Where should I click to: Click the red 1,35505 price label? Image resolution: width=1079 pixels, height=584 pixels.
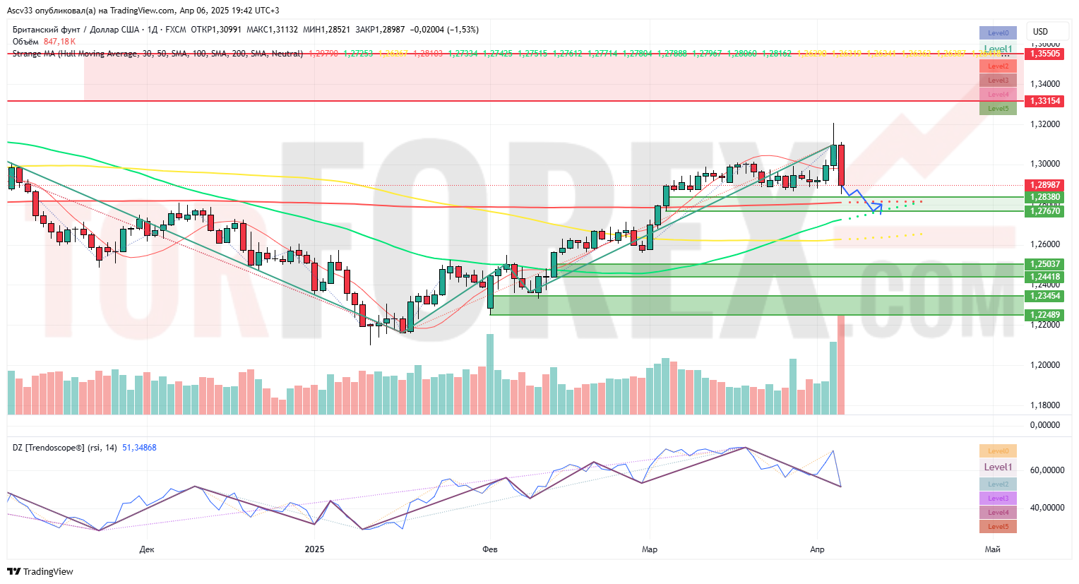pyautogui.click(x=1045, y=54)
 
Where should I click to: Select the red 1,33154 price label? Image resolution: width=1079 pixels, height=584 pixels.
pyautogui.click(x=1045, y=101)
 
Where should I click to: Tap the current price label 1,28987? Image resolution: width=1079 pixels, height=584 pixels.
pyautogui.click(x=1045, y=185)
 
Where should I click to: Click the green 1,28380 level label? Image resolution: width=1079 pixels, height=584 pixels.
pyautogui.click(x=1045, y=198)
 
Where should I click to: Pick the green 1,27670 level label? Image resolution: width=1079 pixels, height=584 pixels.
pyautogui.click(x=1045, y=211)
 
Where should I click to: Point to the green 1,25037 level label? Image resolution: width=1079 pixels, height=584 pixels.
pyautogui.click(x=1045, y=264)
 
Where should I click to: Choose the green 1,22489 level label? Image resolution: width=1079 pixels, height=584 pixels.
pyautogui.click(x=1045, y=315)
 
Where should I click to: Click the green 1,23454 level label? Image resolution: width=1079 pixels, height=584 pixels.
pyautogui.click(x=1045, y=296)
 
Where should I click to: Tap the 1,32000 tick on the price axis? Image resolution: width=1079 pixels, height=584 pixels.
pyautogui.click(x=1045, y=124)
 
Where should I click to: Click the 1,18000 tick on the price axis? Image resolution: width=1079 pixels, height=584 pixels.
pyautogui.click(x=1045, y=405)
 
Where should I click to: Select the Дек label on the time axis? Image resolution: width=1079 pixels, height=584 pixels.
pyautogui.click(x=147, y=549)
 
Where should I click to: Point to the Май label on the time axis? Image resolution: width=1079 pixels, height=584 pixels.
pyautogui.click(x=992, y=549)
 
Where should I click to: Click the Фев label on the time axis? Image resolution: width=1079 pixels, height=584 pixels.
pyautogui.click(x=489, y=549)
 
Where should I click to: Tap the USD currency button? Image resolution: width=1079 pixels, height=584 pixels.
pyautogui.click(x=1040, y=32)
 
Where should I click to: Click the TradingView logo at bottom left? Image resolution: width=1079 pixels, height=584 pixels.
pyautogui.click(x=40, y=571)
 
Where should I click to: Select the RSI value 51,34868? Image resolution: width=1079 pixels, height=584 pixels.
pyautogui.click(x=139, y=448)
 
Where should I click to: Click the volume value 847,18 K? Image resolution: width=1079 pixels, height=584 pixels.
pyautogui.click(x=59, y=42)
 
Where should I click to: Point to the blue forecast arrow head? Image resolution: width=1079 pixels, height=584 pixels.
pyautogui.click(x=879, y=206)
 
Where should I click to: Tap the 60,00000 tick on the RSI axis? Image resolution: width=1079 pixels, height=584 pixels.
pyautogui.click(x=1045, y=470)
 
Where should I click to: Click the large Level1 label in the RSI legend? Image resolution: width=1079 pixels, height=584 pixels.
pyautogui.click(x=998, y=467)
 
